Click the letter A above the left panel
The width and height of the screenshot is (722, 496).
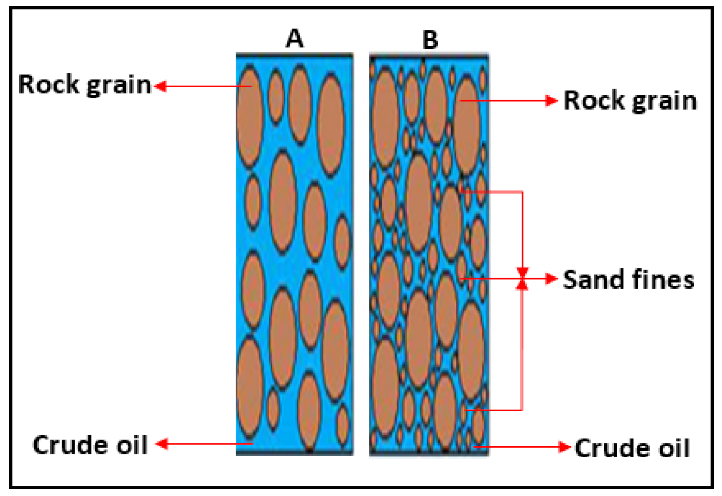pyautogui.click(x=294, y=38)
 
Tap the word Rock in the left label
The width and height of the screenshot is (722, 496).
pyautogui.click(x=48, y=85)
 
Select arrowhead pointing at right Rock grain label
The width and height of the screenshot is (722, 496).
pyautogui.click(x=552, y=101)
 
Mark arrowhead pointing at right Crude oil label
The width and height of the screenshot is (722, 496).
pyautogui.click(x=565, y=447)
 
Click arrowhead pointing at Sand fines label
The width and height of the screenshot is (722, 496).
pyautogui.click(x=552, y=278)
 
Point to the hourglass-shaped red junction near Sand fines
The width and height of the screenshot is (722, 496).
pyautogui.click(x=522, y=279)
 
